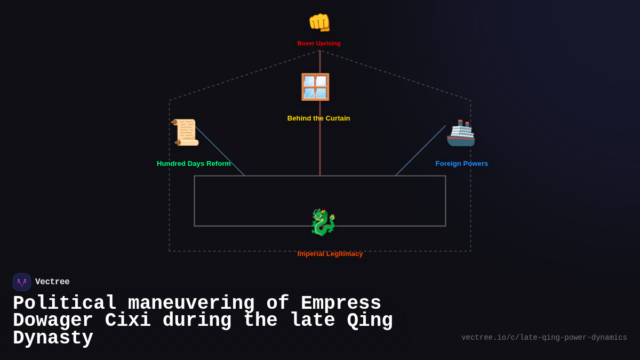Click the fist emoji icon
pyautogui.click(x=319, y=22)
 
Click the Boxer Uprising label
pyautogui.click(x=319, y=43)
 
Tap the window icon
pyautogui.click(x=315, y=87)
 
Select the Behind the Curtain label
pyautogui.click(x=318, y=118)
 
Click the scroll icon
pyautogui.click(x=186, y=132)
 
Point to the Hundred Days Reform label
pyautogui.click(x=194, y=164)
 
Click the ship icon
pyautogui.click(x=461, y=133)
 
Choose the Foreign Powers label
pyautogui.click(x=461, y=164)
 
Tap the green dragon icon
pyautogui.click(x=323, y=222)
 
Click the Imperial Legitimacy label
pyautogui.click(x=330, y=254)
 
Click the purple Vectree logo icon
pyautogui.click(x=22, y=282)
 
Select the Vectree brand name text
pyautogui.click(x=52, y=282)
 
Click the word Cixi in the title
pyautogui.click(x=127, y=321)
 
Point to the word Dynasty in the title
pyautogui.click(x=53, y=338)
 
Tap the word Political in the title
pyautogui.click(x=65, y=303)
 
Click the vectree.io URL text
pyautogui.click(x=544, y=338)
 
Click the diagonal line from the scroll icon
pyautogui.click(x=220, y=151)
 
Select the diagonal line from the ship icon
pyautogui.click(x=420, y=151)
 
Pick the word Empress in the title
pyautogui.click(x=341, y=303)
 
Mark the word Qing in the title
pyautogui.click(x=370, y=321)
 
